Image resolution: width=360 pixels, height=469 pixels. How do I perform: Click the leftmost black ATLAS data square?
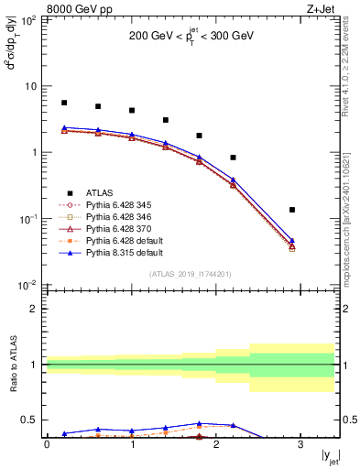pyautogui.click(x=64, y=103)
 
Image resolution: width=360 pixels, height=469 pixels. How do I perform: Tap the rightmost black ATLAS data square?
pyautogui.click(x=292, y=210)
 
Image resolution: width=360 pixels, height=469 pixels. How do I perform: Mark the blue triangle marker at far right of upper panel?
pyautogui.click(x=292, y=241)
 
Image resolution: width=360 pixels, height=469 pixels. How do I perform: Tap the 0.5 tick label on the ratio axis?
pyautogui.click(x=33, y=420)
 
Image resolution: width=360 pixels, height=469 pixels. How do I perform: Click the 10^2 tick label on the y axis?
pyautogui.click(x=29, y=19)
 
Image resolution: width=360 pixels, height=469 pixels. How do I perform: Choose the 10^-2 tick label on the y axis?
pyautogui.click(x=29, y=285)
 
